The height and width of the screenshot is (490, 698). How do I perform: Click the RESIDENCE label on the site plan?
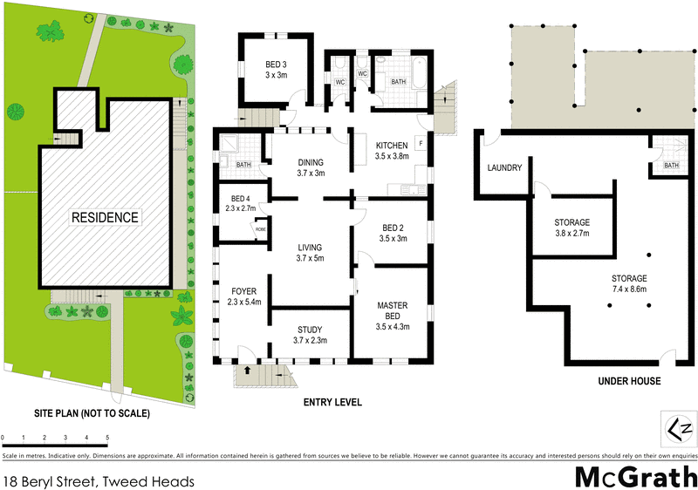(x=105, y=217)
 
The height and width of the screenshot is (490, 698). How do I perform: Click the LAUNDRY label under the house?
(x=504, y=168)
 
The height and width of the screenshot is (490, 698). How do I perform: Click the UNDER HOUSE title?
(x=628, y=381)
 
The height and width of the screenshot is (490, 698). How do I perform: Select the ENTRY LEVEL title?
(x=332, y=402)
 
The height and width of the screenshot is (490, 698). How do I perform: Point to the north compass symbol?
(x=679, y=428)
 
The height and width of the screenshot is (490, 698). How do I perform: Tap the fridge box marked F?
(x=421, y=143)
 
